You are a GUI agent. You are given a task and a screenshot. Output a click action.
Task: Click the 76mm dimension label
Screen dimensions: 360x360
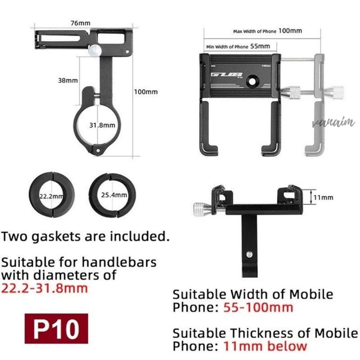tap(80, 23)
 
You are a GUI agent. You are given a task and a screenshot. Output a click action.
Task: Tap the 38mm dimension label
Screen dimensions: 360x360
tap(68, 80)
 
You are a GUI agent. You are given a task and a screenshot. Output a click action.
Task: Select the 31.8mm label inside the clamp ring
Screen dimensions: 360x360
tap(102, 125)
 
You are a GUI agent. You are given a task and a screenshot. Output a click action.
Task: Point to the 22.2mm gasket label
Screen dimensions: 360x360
tap(51, 196)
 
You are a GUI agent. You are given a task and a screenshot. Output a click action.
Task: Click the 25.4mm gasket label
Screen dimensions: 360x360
tap(114, 195)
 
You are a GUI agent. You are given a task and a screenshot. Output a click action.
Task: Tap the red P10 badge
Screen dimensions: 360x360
tap(56, 329)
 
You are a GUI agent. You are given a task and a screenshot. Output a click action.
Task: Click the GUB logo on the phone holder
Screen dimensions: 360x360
tap(227, 74)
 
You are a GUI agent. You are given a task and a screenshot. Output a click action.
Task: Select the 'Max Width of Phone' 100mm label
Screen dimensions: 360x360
tap(267, 31)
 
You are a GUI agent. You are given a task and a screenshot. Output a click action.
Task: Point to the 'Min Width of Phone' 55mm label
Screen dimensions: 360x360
tap(238, 47)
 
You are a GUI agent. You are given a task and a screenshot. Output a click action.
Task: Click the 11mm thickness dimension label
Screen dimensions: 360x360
tap(323, 197)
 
